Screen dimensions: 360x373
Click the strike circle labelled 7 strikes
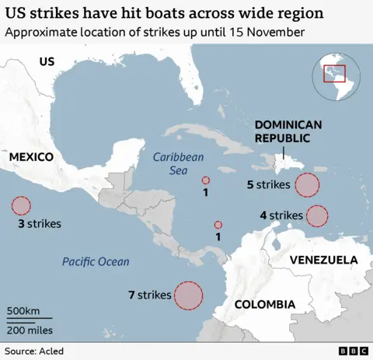tap(188, 295)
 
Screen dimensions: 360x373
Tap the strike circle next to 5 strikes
tap(308, 185)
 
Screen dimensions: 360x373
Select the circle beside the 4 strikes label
tap(317, 215)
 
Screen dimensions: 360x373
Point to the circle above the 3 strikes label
tap(21, 206)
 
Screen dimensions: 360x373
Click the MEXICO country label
tap(31, 157)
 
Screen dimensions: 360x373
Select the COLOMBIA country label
tap(264, 304)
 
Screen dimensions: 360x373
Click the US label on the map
tap(47, 61)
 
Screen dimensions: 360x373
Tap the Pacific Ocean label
tap(96, 262)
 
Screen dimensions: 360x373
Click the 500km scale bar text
tap(24, 310)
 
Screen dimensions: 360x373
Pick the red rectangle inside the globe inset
tap(335, 73)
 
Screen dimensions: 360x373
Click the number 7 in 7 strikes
tap(131, 295)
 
